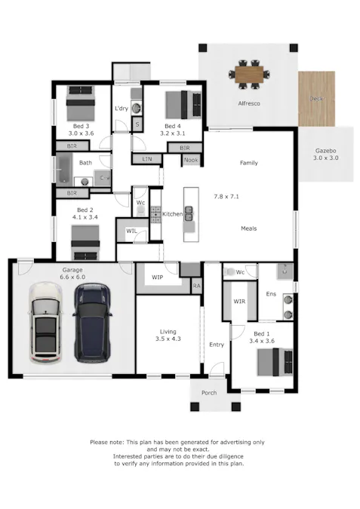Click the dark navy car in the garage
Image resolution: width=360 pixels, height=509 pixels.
point(93,323)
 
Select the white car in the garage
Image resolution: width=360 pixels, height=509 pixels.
point(45,322)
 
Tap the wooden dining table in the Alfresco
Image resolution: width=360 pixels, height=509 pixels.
point(249,75)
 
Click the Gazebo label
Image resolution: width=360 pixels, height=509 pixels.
point(325,151)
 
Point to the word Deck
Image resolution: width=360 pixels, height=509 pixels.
point(316,98)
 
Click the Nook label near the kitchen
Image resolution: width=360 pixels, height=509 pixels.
point(191,160)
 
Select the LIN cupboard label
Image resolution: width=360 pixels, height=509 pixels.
point(147,159)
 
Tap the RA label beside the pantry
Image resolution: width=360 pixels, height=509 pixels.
point(196,286)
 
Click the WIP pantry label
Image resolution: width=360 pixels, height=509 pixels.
point(157,277)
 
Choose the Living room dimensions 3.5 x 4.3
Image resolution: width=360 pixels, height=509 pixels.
point(168,339)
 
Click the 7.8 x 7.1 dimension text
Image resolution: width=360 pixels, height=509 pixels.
point(226,196)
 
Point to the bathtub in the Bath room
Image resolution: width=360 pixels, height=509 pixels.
point(64,169)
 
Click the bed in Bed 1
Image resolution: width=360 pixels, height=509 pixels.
point(275,362)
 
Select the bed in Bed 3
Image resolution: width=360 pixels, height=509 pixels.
point(81,103)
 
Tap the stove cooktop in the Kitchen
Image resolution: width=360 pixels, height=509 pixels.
point(155,215)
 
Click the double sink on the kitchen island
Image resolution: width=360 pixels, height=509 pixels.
point(189,213)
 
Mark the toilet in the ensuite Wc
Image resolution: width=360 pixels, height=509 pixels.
point(229,272)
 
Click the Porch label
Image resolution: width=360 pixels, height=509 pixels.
point(209,393)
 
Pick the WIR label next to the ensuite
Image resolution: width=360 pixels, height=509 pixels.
point(239,302)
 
